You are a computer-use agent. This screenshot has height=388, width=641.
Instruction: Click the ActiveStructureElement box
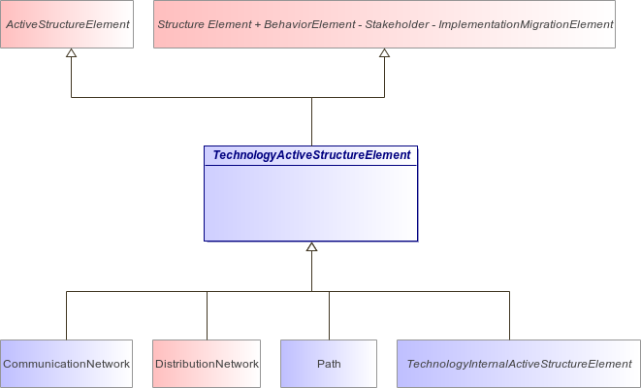tap(67, 24)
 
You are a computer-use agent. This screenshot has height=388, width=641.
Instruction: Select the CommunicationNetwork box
tap(66, 364)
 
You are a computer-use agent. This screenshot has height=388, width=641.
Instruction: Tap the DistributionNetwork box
tap(207, 364)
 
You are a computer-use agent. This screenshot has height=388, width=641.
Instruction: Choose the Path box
tap(329, 364)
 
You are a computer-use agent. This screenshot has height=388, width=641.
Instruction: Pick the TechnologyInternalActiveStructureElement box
tap(519, 364)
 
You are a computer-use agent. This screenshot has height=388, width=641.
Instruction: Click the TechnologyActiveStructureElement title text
tap(311, 155)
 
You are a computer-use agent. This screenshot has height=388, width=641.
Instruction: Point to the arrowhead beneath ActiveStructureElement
tap(72, 52)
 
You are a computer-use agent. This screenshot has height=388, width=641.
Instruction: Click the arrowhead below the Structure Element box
tap(384, 52)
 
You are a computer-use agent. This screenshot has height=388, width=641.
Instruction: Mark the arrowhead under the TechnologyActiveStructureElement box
tap(311, 246)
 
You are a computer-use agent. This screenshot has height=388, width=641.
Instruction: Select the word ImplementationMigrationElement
tap(526, 25)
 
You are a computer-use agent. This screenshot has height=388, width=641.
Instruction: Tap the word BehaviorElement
tap(309, 24)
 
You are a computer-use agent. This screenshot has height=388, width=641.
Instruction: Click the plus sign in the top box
tap(258, 25)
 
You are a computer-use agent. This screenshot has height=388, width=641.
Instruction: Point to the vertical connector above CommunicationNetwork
tap(66, 315)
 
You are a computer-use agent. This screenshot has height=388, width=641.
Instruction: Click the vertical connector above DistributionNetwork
tap(207, 315)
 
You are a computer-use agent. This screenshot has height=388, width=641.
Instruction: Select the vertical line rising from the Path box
tap(329, 315)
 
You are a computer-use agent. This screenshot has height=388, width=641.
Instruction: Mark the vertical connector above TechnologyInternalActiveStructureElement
tap(509, 315)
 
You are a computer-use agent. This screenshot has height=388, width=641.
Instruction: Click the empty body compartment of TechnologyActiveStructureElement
tap(310, 203)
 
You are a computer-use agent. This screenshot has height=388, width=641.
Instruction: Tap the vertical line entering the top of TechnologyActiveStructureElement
tap(311, 121)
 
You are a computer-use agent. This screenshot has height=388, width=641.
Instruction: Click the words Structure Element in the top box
tap(205, 24)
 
